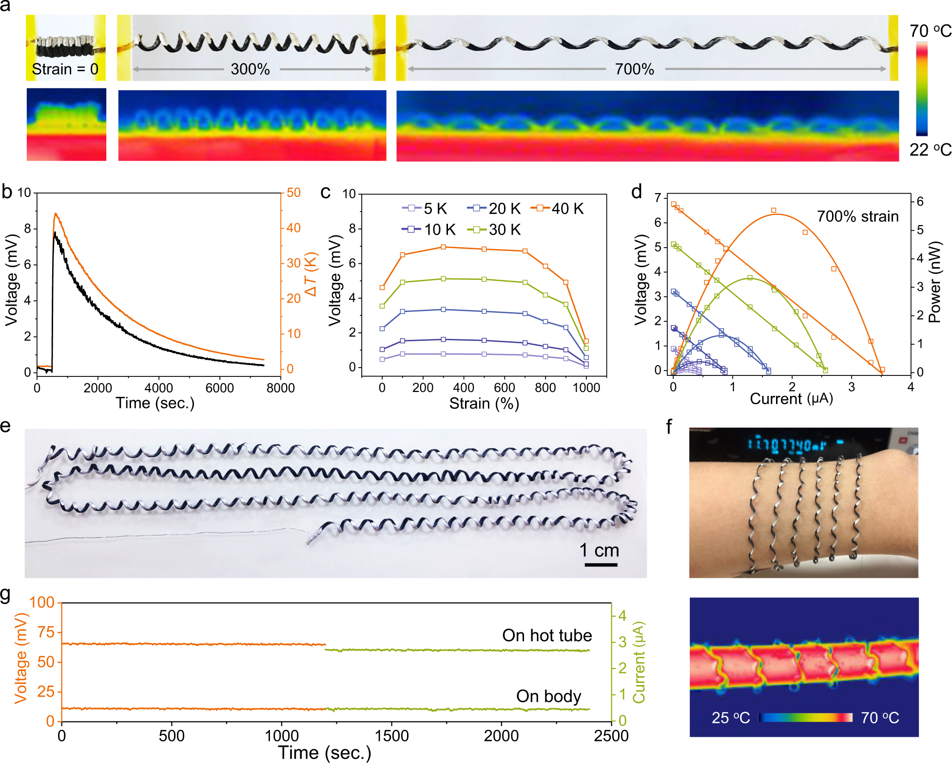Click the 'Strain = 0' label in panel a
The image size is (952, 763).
(x=65, y=69)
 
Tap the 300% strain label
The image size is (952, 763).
(x=250, y=69)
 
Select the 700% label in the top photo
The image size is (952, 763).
(x=634, y=69)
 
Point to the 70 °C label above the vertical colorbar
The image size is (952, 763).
(x=930, y=31)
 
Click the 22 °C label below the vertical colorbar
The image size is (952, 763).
(x=930, y=150)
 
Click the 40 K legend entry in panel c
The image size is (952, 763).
(x=559, y=209)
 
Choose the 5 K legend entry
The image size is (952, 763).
(x=425, y=209)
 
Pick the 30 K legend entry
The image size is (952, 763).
(x=495, y=230)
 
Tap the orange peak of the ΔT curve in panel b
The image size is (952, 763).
(x=56, y=214)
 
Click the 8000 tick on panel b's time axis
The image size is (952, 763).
(x=281, y=388)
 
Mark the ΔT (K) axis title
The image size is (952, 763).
(x=311, y=274)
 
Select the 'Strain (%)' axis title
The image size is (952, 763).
(x=484, y=404)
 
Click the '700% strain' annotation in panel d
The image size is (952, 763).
(x=857, y=216)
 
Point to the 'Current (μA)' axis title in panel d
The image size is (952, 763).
(x=791, y=399)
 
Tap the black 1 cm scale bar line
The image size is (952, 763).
(x=601, y=565)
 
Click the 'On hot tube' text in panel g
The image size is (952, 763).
(x=547, y=635)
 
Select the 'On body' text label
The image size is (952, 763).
(x=548, y=696)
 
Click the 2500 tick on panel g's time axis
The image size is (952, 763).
(x=611, y=736)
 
